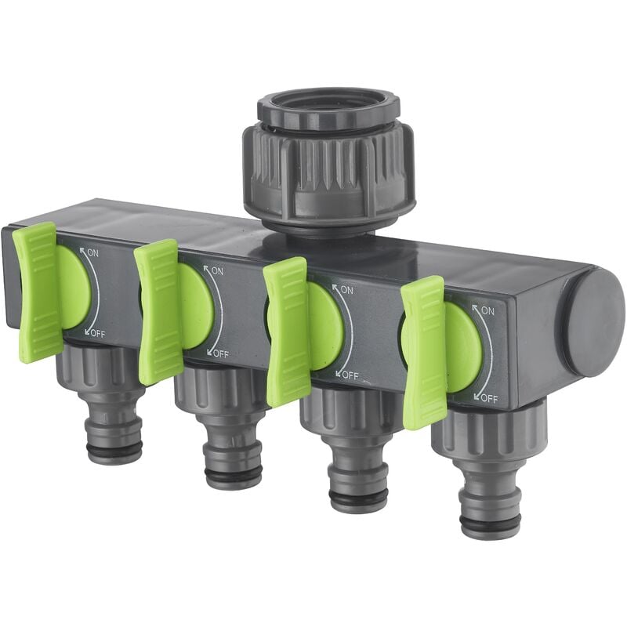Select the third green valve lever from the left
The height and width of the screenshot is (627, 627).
[287, 330]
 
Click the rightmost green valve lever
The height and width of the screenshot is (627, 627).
[423, 352]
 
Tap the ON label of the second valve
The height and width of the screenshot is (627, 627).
[213, 271]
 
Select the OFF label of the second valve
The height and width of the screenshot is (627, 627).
[220, 353]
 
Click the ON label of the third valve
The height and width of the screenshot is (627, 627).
[346, 290]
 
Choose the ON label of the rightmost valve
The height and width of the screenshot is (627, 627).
[487, 310]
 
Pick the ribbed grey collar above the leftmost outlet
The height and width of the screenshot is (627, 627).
[102, 369]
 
